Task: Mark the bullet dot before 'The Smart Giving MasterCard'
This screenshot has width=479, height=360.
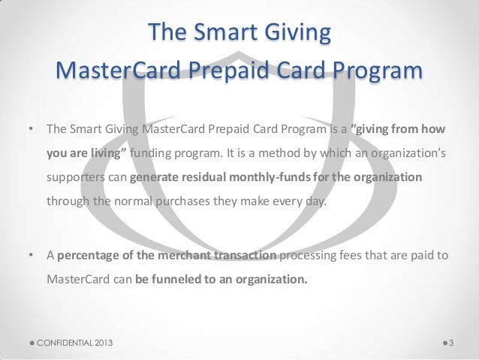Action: point(31,129)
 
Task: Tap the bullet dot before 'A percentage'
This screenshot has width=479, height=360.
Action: point(31,256)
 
